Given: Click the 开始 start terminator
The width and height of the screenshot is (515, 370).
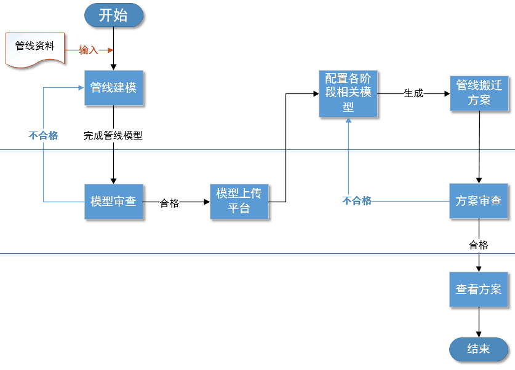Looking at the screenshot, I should point(114,15).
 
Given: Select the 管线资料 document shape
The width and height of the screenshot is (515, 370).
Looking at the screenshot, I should point(35,48).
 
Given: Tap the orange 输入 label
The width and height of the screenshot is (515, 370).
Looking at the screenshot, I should point(89,50).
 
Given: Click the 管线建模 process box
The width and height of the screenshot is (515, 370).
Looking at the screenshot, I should point(114,87).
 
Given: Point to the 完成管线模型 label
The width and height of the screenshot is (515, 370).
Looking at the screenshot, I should point(113,136).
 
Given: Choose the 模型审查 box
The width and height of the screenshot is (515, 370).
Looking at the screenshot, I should point(114,202).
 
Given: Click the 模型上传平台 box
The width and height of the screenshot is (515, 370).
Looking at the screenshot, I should point(239,201).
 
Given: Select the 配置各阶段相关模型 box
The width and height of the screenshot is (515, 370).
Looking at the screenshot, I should point(348,93).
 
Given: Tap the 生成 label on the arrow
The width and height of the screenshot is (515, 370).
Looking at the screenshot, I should point(413,94).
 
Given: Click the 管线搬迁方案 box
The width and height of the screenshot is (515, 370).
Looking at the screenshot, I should point(479,93).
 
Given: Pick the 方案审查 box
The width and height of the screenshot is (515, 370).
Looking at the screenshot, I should point(479,201).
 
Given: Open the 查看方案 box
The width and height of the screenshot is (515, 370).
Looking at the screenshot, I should point(479,289).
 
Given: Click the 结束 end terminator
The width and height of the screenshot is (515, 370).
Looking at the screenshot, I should point(479,349).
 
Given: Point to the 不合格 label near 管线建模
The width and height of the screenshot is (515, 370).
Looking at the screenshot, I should point(43,136).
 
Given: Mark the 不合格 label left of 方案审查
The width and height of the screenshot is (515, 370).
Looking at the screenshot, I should point(357,201).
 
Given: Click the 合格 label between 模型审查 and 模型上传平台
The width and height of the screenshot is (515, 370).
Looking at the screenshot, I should point(169,203).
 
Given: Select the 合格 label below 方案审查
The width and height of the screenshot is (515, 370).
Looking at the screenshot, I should point(479,245).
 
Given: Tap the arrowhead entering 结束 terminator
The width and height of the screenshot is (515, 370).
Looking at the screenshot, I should point(479,334).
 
